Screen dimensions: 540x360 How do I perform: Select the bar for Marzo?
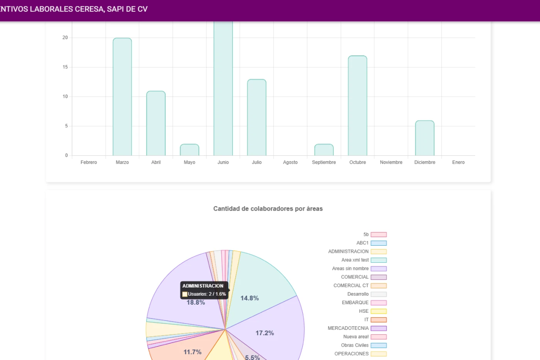[x=122, y=97]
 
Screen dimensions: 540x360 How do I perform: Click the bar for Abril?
[x=156, y=123]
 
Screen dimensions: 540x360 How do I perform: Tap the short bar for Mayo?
[x=189, y=150]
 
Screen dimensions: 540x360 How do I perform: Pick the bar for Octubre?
[x=357, y=106]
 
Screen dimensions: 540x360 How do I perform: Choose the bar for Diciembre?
[x=425, y=138]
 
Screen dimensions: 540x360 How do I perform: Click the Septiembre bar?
[x=324, y=150]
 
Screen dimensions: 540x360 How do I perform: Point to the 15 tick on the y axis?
[x=65, y=67]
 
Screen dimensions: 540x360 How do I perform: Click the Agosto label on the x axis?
[x=290, y=162]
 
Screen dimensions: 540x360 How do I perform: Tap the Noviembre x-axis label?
[x=391, y=162]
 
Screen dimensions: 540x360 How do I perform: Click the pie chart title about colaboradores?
[x=268, y=208]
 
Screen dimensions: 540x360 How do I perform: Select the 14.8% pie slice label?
[x=249, y=298]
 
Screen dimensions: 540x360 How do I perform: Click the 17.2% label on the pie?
[x=265, y=333]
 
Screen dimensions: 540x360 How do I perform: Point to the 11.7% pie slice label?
[x=193, y=352]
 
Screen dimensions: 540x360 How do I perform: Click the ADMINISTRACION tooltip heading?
[x=203, y=286]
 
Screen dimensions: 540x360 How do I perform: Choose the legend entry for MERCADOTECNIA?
[x=357, y=328]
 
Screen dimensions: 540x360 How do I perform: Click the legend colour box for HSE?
[x=379, y=311]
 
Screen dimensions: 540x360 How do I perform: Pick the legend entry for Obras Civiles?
[x=364, y=345]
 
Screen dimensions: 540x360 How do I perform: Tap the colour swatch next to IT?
[x=379, y=320]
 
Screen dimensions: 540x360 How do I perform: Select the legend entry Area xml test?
[x=364, y=260]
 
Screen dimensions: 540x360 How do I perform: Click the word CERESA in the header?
[x=90, y=9]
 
